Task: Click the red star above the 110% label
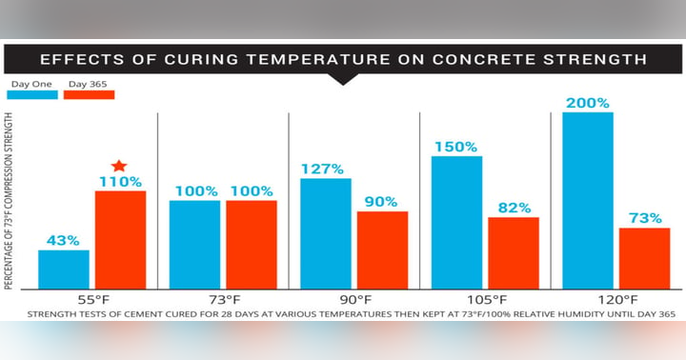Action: coord(119,167)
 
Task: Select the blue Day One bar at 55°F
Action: coord(64,270)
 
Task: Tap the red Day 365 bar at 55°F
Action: coord(120,240)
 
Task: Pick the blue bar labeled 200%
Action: coord(588,200)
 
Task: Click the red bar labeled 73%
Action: coord(645,258)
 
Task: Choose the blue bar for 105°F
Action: coord(457,222)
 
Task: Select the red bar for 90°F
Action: coord(383,250)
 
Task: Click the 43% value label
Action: coord(63,241)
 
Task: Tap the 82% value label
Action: coord(514,208)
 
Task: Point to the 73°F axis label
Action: coord(223,297)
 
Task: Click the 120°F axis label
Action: coord(616,297)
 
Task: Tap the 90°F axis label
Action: coord(354,297)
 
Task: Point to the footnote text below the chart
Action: coord(343,312)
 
